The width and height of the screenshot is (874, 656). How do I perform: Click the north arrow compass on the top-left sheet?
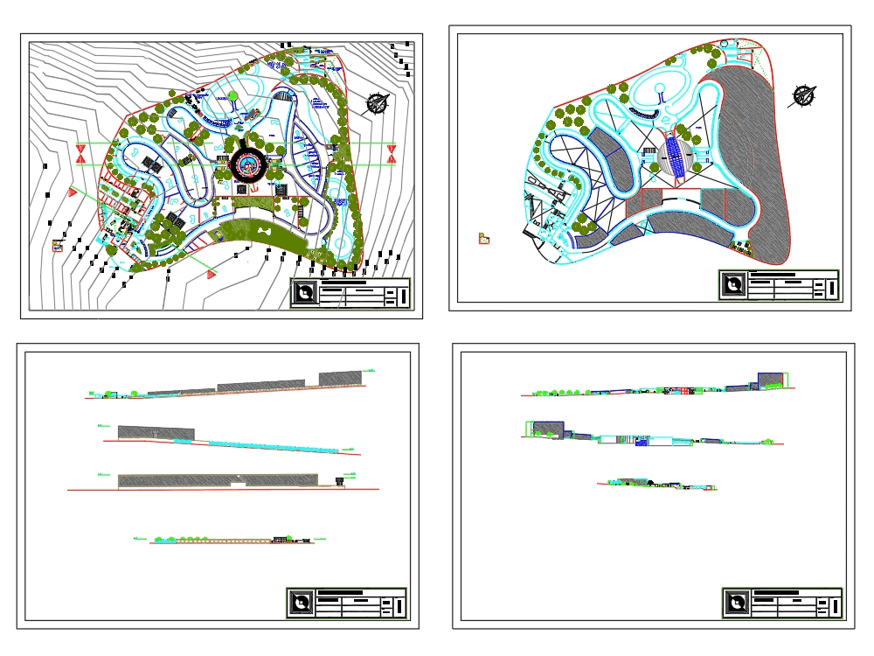pos(378,103)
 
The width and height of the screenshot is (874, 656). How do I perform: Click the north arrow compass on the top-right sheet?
pos(803,95)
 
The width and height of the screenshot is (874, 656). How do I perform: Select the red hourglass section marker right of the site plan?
pos(391,154)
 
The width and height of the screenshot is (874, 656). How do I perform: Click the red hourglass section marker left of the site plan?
pos(80,154)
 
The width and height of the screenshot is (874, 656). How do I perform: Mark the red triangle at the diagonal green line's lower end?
pos(212,274)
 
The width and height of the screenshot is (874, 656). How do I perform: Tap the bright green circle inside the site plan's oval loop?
pos(232,97)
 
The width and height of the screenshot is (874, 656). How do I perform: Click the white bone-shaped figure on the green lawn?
pos(261,233)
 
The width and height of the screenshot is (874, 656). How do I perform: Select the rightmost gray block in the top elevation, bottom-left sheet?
pos(339,378)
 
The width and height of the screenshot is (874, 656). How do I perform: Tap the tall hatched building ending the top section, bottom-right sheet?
pos(770,380)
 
